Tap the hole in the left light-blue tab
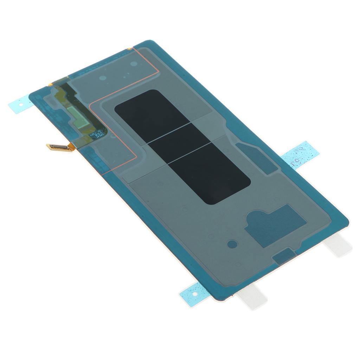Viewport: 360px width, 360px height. [x=20, y=104]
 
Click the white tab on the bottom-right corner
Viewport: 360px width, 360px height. [x=339, y=245]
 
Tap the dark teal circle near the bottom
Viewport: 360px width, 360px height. [x=232, y=243]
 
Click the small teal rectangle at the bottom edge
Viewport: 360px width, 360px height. [x=283, y=256]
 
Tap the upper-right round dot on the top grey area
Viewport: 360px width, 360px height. [x=134, y=64]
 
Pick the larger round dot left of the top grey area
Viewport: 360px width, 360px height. [x=103, y=78]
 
